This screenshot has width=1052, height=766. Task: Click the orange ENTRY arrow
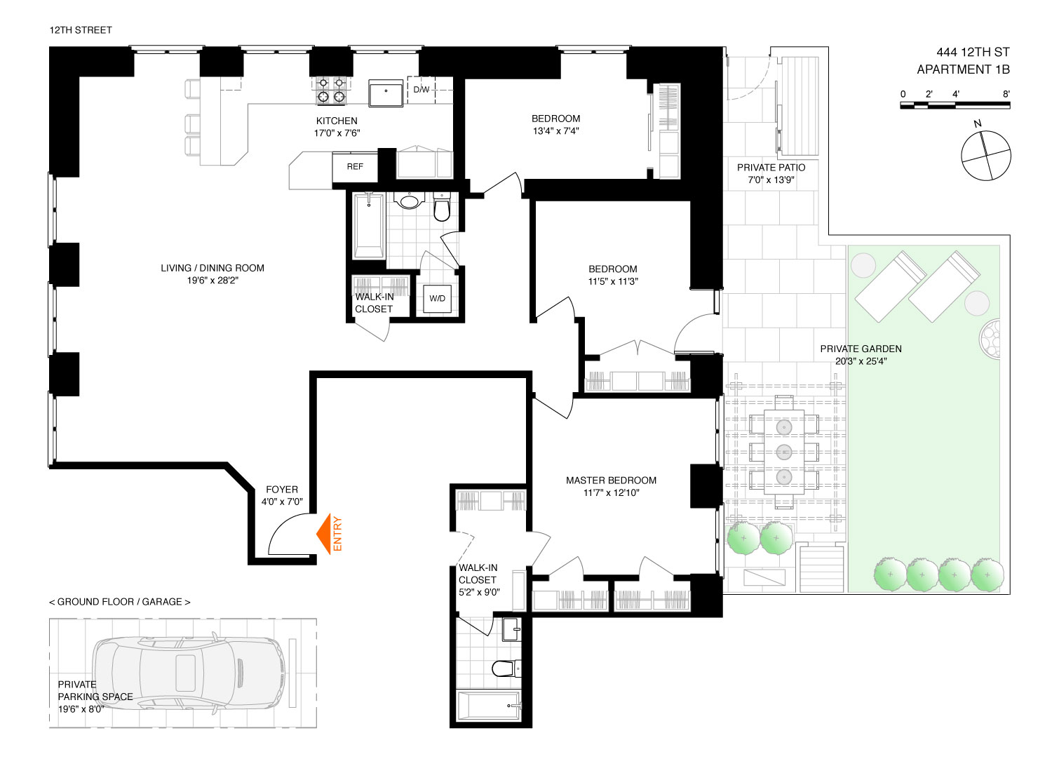[x=323, y=534]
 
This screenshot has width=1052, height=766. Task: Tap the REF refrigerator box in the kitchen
[x=355, y=167]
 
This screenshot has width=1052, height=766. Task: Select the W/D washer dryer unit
[x=437, y=299]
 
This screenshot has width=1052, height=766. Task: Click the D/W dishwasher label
[x=422, y=90]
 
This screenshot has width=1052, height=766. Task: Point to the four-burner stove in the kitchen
[x=331, y=90]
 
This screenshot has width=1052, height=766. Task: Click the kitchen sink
[x=386, y=93]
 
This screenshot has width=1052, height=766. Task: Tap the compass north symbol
[x=986, y=154]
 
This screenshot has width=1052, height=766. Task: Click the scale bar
[x=955, y=105]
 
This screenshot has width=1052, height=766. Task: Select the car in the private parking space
[x=189, y=673]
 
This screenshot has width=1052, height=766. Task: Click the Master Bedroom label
[x=611, y=486]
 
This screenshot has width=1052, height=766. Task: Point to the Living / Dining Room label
[x=213, y=274]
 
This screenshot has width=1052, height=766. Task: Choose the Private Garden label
[x=861, y=354]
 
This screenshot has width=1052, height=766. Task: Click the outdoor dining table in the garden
[x=784, y=452]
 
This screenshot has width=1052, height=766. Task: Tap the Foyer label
[x=282, y=495]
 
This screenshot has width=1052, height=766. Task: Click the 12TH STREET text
[x=81, y=30]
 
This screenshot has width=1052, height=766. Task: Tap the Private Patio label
[x=771, y=173]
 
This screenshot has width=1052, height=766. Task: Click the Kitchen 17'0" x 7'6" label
[x=337, y=127]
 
